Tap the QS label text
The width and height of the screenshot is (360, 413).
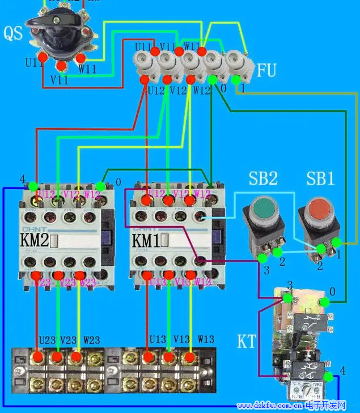[13, 33]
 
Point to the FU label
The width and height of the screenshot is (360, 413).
[266, 71]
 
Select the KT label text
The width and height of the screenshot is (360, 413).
[247, 342]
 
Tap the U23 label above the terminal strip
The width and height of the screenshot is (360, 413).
[47, 340]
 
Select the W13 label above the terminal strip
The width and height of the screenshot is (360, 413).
[206, 339]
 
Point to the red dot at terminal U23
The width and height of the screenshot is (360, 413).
[38, 357]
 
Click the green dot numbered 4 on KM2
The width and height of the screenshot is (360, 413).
[33, 186]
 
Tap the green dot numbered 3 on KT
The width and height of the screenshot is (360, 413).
[288, 297]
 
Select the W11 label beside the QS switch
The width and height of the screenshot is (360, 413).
[88, 68]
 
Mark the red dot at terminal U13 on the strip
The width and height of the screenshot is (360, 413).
[149, 357]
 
